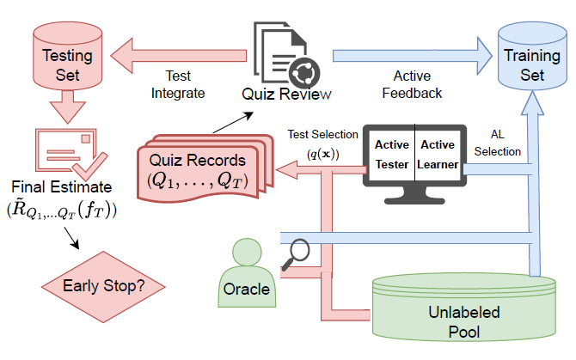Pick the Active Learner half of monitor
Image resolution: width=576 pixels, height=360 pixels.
click(x=438, y=155)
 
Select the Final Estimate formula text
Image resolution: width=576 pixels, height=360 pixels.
click(x=62, y=208)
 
